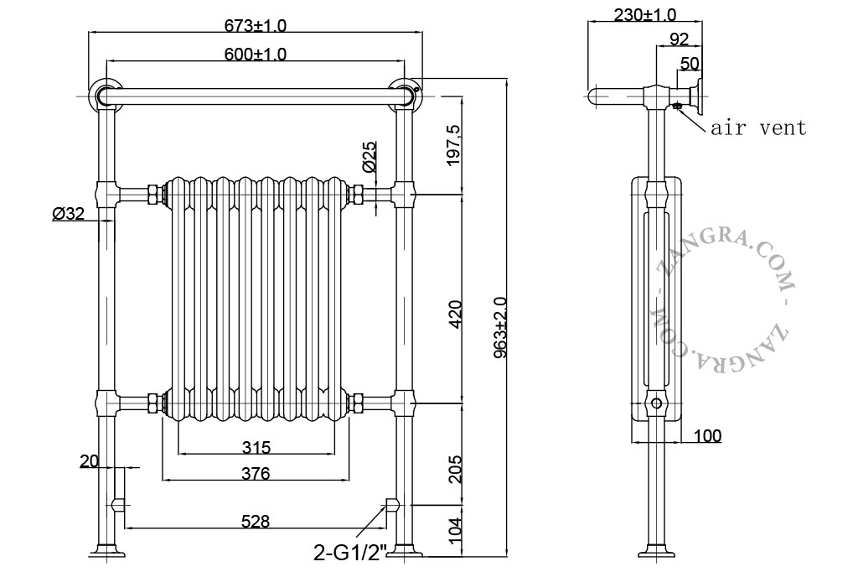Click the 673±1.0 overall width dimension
point(255,25)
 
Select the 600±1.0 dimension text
point(255,55)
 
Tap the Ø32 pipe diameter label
point(69,213)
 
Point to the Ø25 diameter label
point(370,157)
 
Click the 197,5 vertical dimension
point(454,145)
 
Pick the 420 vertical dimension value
point(454,314)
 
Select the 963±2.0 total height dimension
point(500,328)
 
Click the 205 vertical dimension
point(454,469)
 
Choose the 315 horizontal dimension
point(256,448)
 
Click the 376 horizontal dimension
point(256,473)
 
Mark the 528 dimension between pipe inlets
point(256,521)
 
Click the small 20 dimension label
point(89,462)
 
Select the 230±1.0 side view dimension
point(644,15)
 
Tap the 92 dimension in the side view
point(679,39)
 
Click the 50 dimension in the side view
point(690,64)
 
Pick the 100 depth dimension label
point(707,436)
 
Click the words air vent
point(758,128)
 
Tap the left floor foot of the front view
point(107,550)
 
